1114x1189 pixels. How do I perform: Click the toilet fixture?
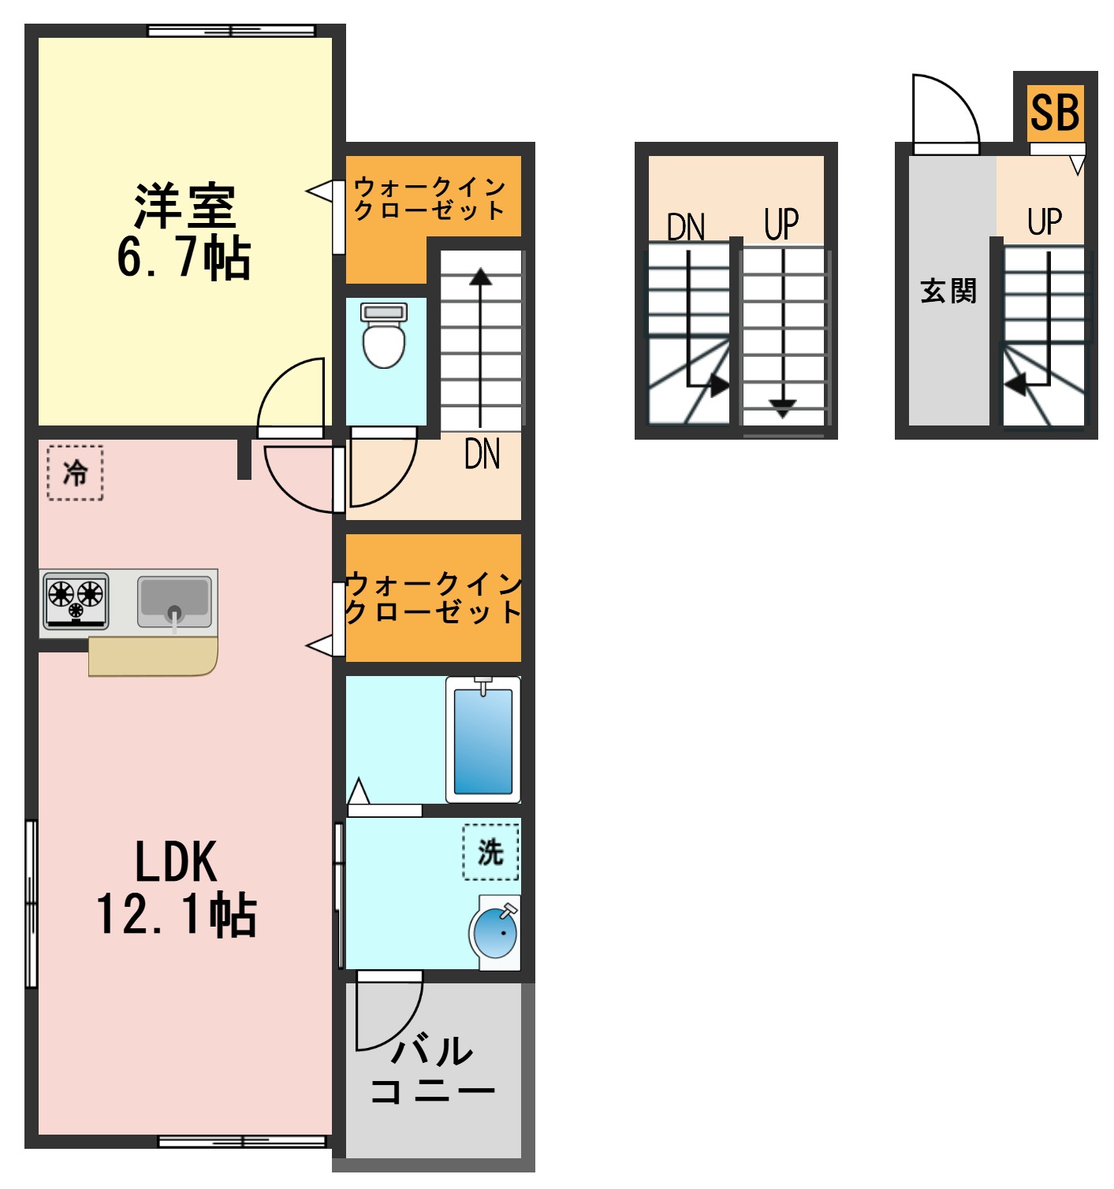(x=384, y=337)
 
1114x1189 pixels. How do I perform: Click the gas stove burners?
(x=76, y=600)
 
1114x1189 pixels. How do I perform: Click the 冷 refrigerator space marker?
(x=76, y=473)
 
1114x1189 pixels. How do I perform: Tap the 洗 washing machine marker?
(x=490, y=852)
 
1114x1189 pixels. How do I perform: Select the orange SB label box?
(x=1055, y=113)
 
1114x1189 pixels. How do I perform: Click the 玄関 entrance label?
(x=948, y=292)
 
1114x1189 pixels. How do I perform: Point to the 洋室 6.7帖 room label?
(x=184, y=232)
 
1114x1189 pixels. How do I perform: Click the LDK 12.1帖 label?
(x=177, y=887)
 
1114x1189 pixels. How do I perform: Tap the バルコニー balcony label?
(x=432, y=1071)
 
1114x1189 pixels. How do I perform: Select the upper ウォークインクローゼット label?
(x=430, y=198)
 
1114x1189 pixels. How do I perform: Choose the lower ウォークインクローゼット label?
(x=433, y=597)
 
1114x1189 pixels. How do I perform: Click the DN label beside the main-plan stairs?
(x=482, y=455)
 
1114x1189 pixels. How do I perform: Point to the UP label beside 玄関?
(x=1045, y=221)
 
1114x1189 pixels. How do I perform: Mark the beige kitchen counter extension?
(x=153, y=657)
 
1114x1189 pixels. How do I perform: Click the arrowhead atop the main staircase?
(x=480, y=277)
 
